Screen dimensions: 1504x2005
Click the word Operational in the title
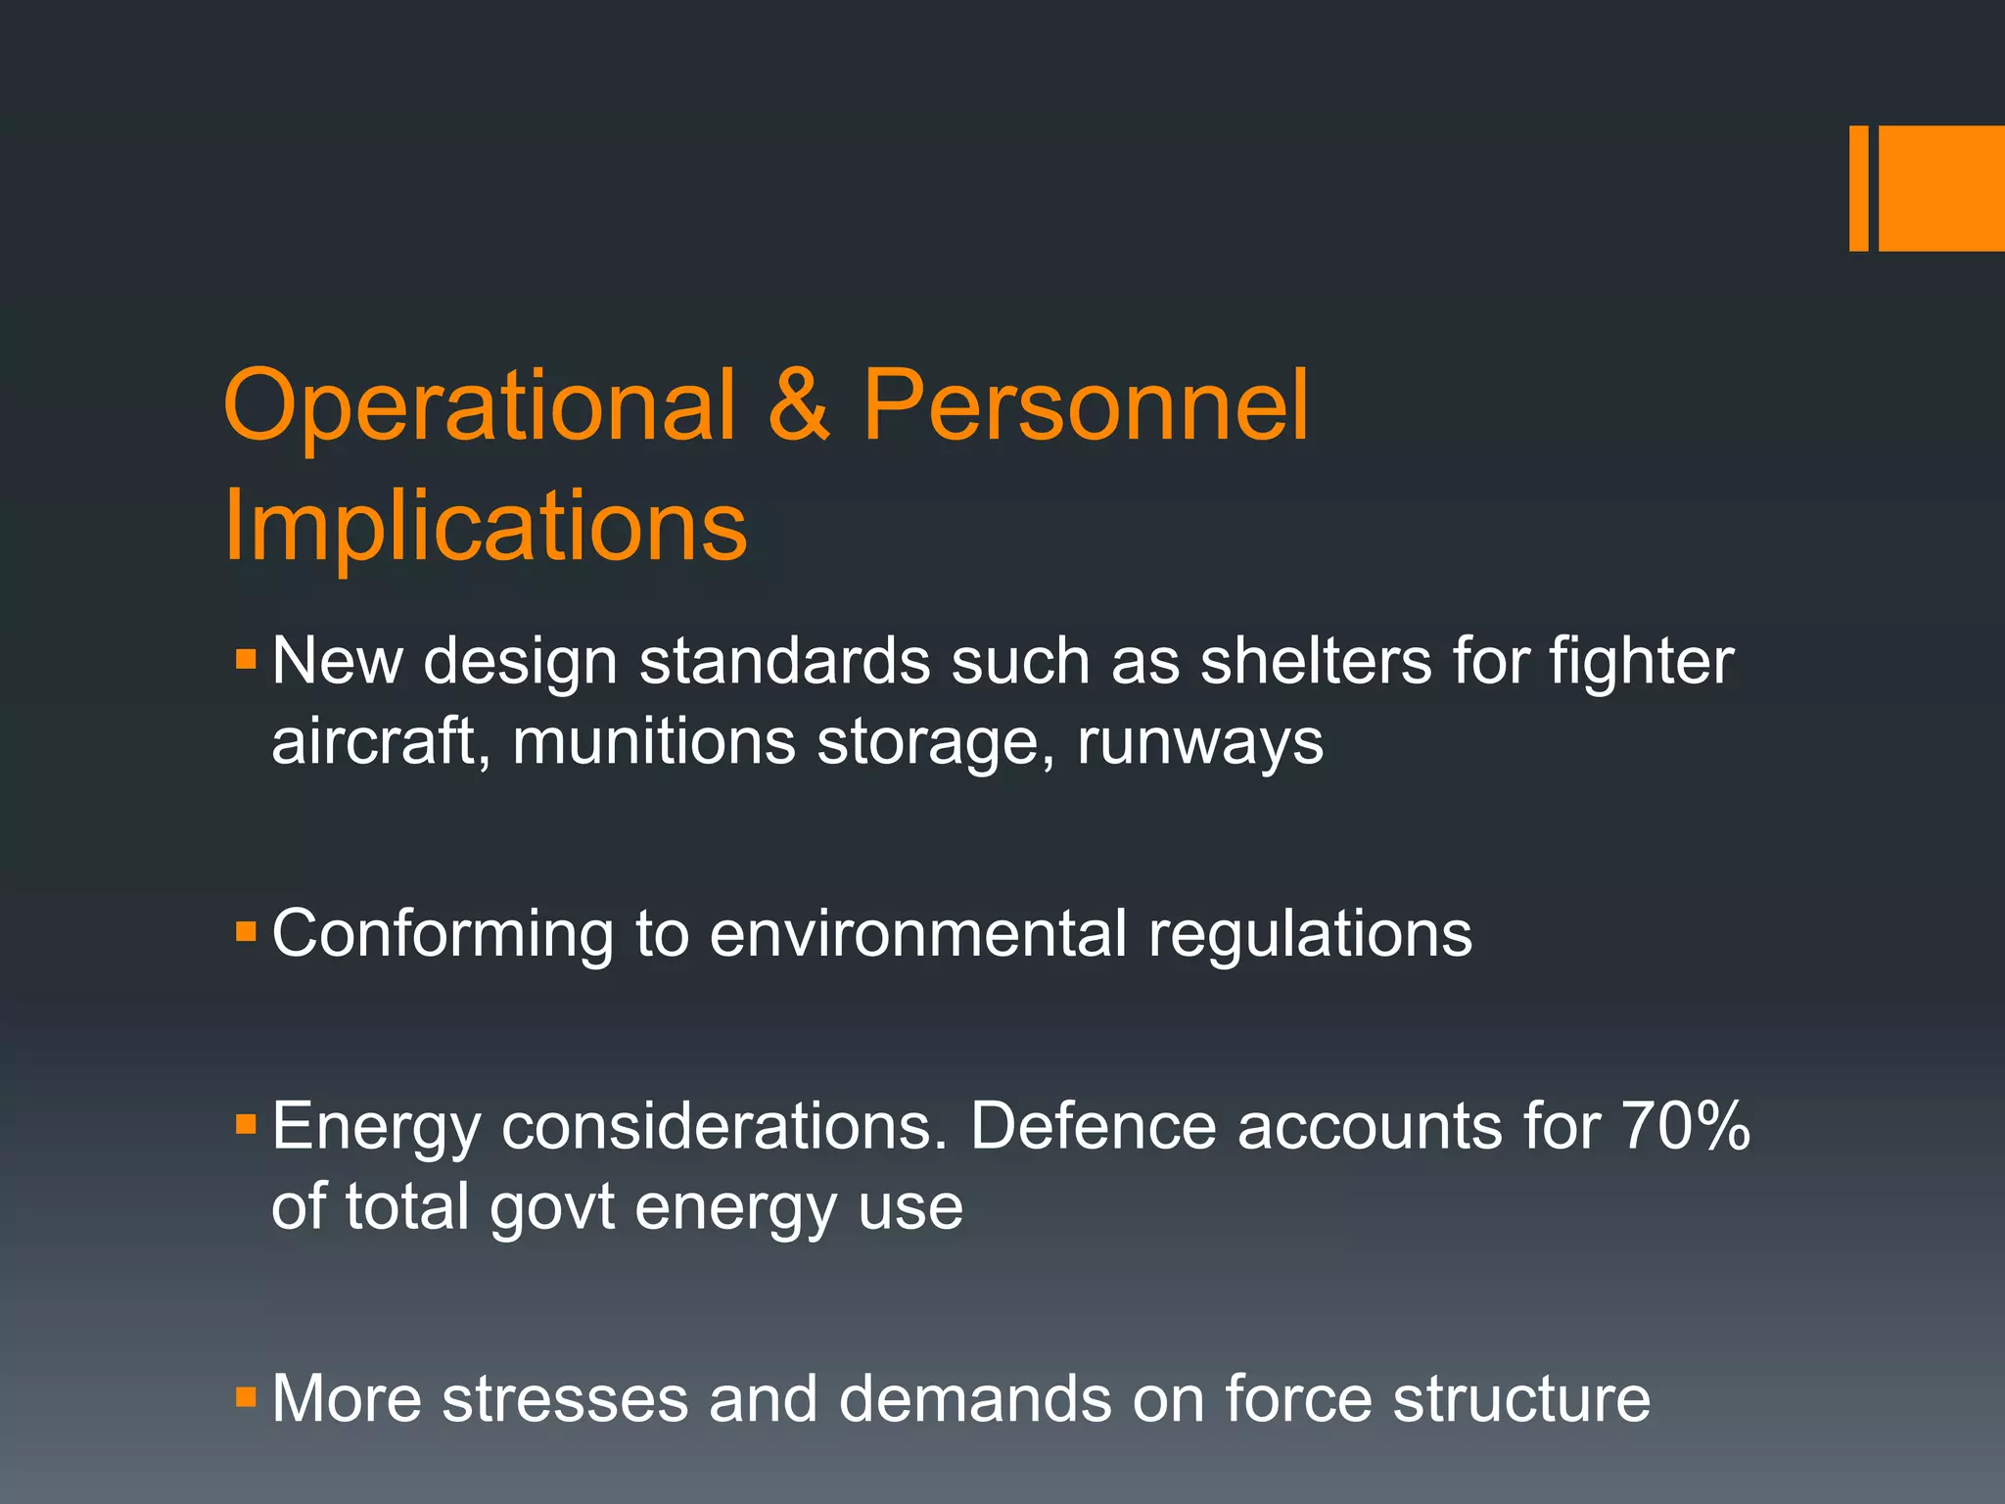pyautogui.click(x=480, y=406)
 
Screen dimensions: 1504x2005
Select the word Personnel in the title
pyautogui.click(x=1085, y=406)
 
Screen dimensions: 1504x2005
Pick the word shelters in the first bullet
pyautogui.click(x=1316, y=661)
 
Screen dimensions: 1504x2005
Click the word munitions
pyautogui.click(x=653, y=741)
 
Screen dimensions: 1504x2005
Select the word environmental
pyautogui.click(x=917, y=933)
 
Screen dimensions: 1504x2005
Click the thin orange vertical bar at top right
pyautogui.click(x=1858, y=188)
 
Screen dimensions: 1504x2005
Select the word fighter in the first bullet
pyautogui.click(x=1641, y=663)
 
